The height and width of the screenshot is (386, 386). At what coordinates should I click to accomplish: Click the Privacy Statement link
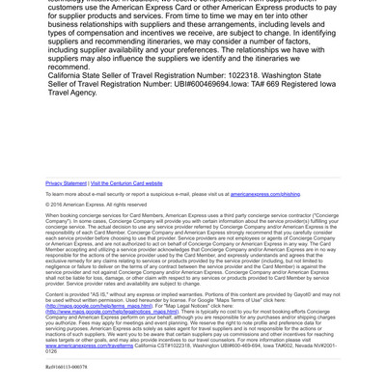[x=66, y=182]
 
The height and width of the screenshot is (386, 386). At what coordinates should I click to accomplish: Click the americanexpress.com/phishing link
[x=264, y=194]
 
